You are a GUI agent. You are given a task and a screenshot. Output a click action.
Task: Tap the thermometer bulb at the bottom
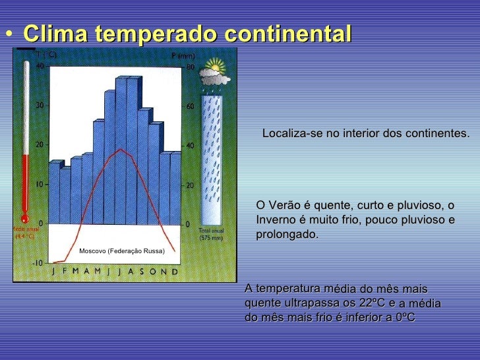pyautogui.click(x=24, y=218)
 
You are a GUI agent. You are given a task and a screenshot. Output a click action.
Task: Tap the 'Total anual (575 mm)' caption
pyautogui.click(x=211, y=234)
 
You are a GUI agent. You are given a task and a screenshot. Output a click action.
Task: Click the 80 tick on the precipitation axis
pyautogui.click(x=189, y=66)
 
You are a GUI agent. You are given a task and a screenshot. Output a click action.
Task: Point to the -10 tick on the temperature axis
pyautogui.click(x=38, y=262)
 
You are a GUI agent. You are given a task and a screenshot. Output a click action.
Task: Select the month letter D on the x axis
pyautogui.click(x=174, y=271)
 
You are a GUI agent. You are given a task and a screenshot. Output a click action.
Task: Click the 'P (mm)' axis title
pyautogui.click(x=183, y=55)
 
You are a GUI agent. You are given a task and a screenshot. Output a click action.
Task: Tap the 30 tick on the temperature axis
pyautogui.click(x=39, y=105)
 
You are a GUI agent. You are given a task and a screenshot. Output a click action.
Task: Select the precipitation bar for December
pyautogui.click(x=175, y=188)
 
